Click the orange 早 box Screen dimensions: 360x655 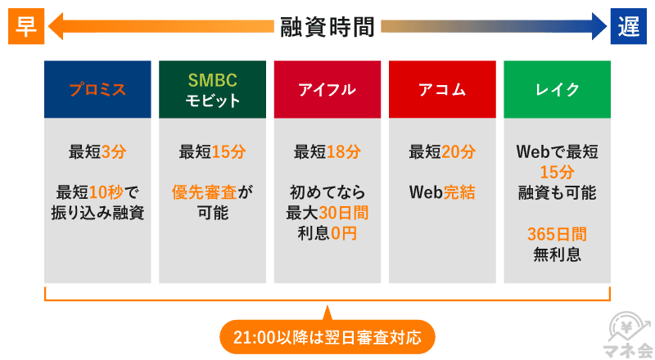pos(25,27)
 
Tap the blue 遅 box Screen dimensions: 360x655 pos(628,27)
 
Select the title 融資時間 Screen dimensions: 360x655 pos(327,27)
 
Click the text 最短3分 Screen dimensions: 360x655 pos(97,152)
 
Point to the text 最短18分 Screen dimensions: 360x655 pos(327,152)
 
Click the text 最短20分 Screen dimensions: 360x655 pos(442,152)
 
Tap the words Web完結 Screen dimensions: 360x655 pos(442,193)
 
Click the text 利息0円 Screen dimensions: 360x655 pos(327,234)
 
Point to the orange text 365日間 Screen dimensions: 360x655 pos(557,234)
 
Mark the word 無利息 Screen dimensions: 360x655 pos(557,254)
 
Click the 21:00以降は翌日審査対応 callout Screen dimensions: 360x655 pos(327,336)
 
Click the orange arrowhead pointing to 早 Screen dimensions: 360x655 pos(56,28)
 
